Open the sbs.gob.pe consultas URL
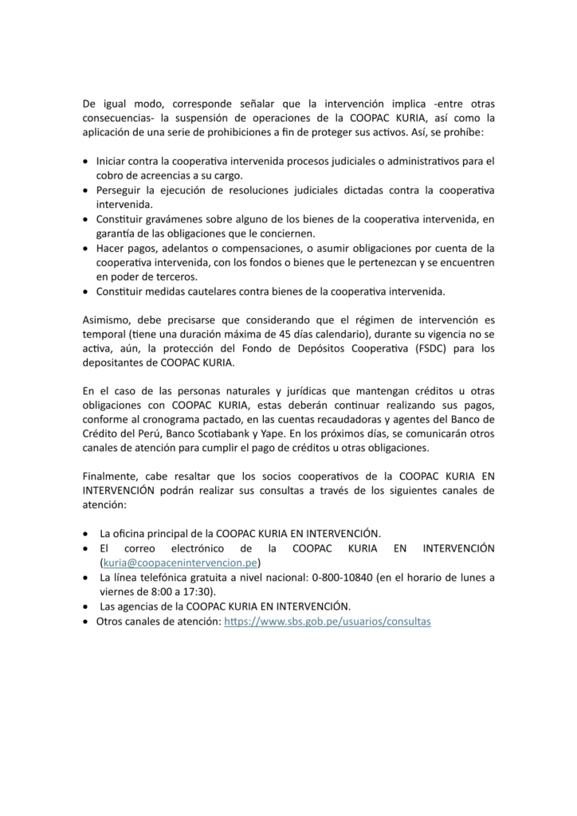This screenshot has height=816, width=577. tap(328, 620)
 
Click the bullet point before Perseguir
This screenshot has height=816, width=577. tap(86, 190)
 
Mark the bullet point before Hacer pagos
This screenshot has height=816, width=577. tap(86, 248)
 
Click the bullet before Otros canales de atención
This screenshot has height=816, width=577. tap(86, 620)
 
